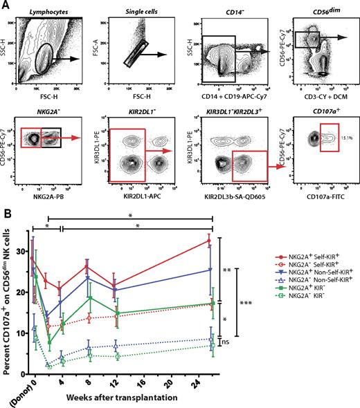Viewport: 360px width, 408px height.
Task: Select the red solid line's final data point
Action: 210,241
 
